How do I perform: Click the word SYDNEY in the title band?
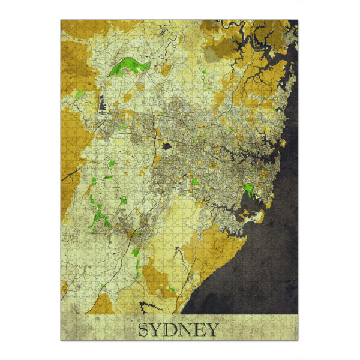tap(178, 329)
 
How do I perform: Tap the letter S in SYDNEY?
tap(145, 329)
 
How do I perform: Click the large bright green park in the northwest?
tap(128, 65)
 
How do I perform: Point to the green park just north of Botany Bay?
tap(247, 192)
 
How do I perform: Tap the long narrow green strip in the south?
tap(137, 264)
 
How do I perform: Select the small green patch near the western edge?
tap(80, 94)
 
